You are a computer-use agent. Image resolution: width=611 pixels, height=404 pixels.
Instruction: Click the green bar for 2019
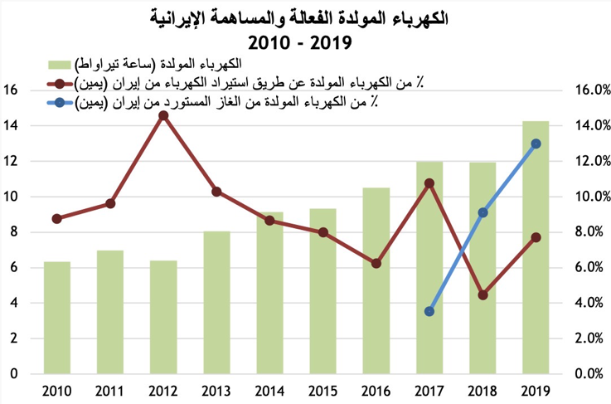[x=536, y=249]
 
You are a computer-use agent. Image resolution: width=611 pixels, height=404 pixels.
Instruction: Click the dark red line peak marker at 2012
[x=163, y=115]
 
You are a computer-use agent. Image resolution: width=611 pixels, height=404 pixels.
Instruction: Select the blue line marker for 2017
[x=429, y=312]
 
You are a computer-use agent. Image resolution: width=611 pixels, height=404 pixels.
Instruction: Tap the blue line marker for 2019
[x=536, y=144]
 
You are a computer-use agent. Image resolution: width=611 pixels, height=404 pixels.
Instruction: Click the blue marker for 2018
[x=482, y=212]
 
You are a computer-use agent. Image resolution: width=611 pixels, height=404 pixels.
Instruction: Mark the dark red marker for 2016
[x=376, y=264]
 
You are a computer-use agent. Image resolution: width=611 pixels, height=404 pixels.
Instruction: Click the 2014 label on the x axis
[x=269, y=390]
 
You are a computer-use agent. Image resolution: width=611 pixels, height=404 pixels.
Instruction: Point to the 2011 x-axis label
[x=110, y=390]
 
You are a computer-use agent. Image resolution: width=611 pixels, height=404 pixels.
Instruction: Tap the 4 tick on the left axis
[x=12, y=303]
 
